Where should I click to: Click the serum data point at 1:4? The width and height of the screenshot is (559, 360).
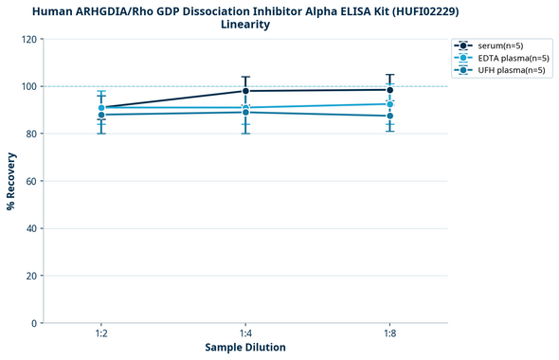coord(245,91)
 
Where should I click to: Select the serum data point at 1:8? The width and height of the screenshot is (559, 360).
coord(389,90)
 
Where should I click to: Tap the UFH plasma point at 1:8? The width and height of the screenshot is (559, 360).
coord(389,116)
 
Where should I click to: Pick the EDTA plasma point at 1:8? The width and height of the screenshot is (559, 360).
coord(389,104)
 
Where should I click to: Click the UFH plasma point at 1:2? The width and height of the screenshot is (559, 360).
coord(101,115)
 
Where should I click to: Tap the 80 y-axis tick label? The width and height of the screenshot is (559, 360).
coord(31,134)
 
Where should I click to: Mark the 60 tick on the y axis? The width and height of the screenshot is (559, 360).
coord(31,181)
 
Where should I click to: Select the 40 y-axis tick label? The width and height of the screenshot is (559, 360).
coord(31,228)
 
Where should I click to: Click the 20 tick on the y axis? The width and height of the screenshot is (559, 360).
coord(31,276)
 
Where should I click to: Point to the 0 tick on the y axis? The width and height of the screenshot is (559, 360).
coord(34,323)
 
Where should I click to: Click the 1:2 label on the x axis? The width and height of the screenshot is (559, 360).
coord(101,334)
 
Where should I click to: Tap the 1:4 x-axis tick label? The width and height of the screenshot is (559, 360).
coord(245,334)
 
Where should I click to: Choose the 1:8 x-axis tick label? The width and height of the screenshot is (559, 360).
coord(389,334)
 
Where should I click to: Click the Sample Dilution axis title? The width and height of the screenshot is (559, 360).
coord(245,348)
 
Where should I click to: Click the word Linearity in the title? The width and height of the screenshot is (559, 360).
coord(245,25)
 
